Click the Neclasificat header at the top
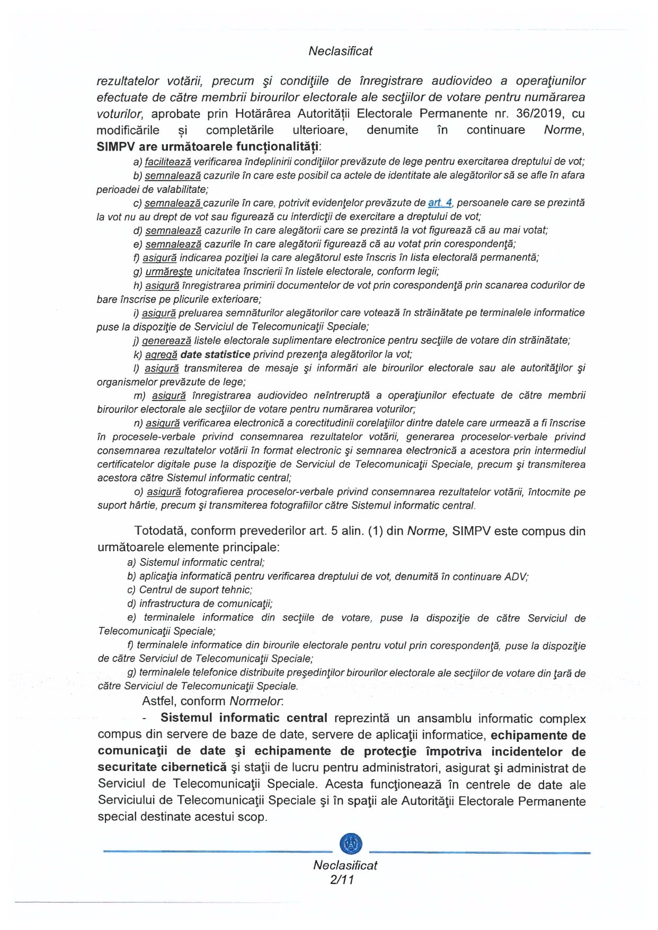pos(340,51)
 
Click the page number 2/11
pos(342,880)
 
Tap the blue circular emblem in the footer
pos(351,843)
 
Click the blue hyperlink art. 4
pos(440,202)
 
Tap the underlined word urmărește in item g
pos(168,271)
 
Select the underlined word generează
pos(166,341)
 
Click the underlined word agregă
pos(161,355)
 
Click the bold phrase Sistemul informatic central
pos(244,718)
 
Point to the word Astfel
pos(159,701)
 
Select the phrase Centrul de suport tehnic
pos(195,590)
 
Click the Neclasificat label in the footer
pos(345,865)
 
